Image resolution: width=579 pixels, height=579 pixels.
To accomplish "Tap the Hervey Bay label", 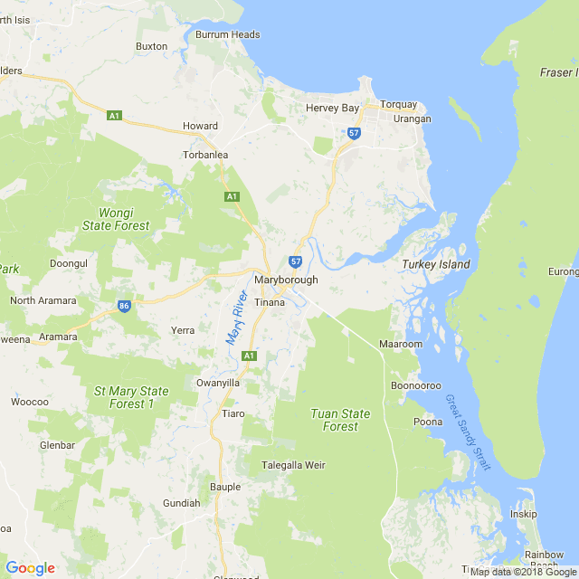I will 331,108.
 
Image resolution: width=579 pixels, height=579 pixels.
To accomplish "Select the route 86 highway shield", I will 124,307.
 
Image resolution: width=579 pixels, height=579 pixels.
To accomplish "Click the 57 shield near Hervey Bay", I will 354,133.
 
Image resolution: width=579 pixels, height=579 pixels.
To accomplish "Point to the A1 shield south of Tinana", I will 249,356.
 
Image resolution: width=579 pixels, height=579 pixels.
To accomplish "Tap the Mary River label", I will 236,317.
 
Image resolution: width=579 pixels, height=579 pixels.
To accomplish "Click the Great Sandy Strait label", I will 468,432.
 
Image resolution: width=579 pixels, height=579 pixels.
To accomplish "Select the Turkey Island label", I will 436,264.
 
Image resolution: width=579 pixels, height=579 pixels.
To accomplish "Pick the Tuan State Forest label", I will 340,420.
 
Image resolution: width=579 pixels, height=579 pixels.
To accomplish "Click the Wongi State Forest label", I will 116,219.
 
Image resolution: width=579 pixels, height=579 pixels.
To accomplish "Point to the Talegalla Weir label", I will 292,465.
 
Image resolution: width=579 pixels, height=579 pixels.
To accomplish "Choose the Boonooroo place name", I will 415,385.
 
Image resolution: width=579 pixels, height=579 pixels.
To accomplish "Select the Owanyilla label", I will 218,383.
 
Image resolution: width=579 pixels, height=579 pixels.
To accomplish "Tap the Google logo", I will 30,568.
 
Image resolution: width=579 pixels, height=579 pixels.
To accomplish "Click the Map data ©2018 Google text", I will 523,572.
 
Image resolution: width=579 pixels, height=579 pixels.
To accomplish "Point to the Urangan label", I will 412,119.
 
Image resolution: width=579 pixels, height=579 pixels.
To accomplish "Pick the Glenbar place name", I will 57,445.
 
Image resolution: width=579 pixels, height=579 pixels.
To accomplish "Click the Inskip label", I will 523,514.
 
